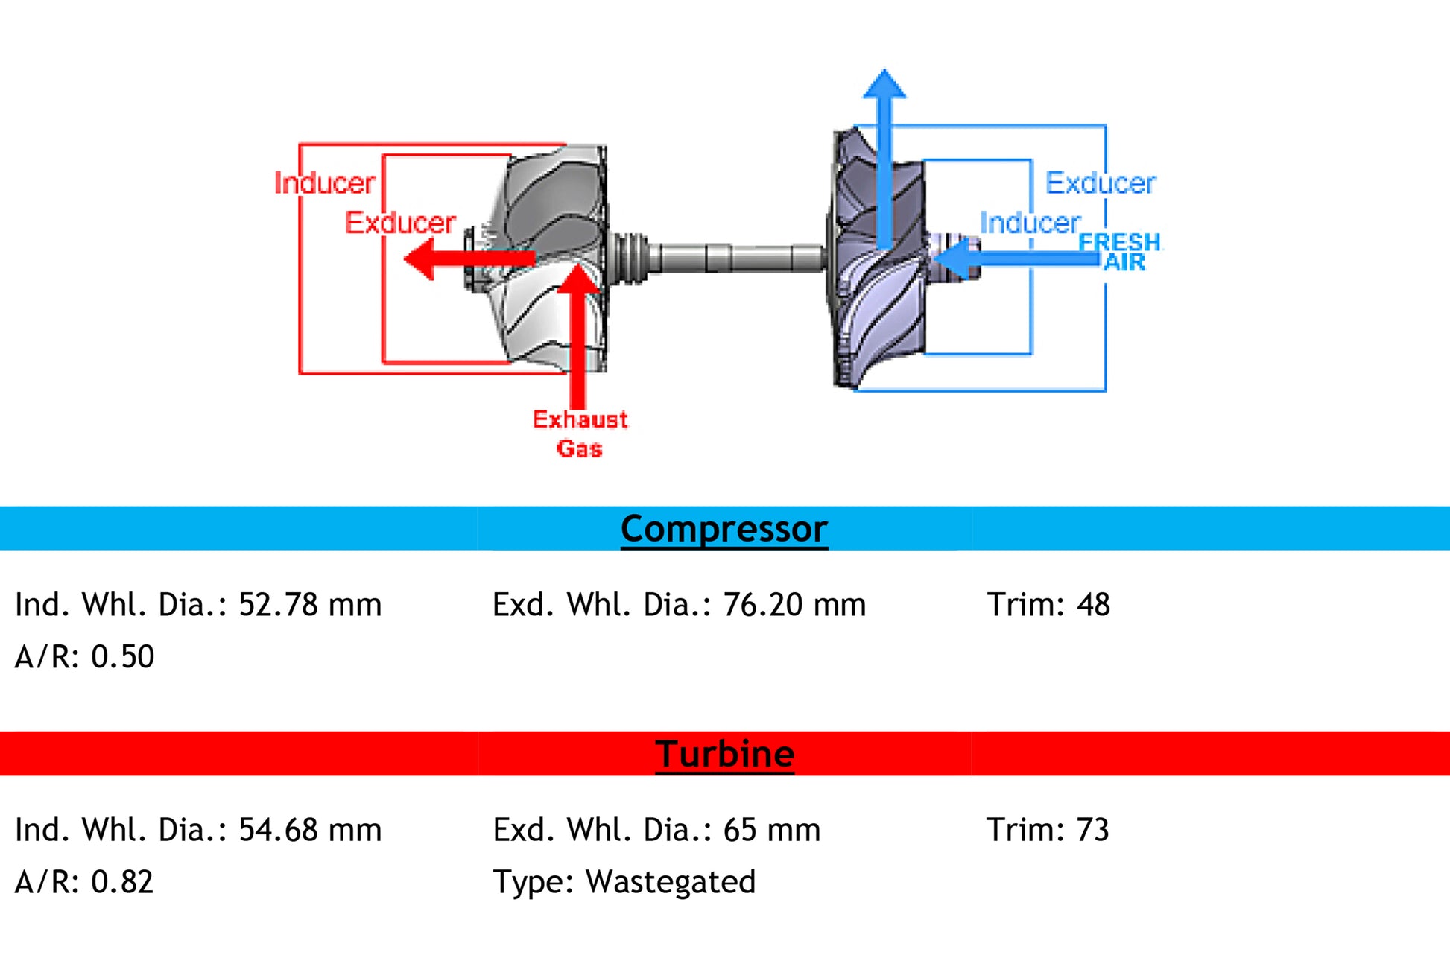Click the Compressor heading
click(x=724, y=529)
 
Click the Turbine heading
click(x=724, y=754)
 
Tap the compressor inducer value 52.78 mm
click(x=309, y=605)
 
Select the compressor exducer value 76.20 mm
click(x=794, y=605)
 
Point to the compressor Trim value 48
click(x=1093, y=605)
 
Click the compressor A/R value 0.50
click(x=122, y=657)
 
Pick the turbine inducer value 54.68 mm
click(x=309, y=830)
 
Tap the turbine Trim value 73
click(x=1092, y=830)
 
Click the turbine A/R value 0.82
click(x=122, y=882)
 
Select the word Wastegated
click(x=671, y=882)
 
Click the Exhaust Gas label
click(x=580, y=434)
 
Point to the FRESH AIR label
click(x=1119, y=253)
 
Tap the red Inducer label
click(x=324, y=183)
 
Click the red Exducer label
click(x=400, y=223)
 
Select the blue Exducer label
click(x=1101, y=183)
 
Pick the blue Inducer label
click(x=1030, y=223)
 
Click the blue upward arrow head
click(x=884, y=84)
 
